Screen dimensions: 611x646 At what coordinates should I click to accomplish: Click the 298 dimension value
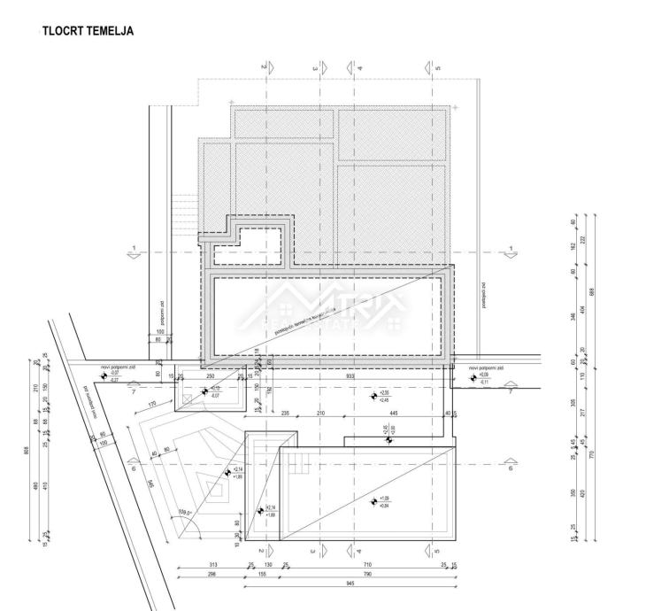tap(210, 575)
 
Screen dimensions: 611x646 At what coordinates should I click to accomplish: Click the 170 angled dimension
tap(152, 406)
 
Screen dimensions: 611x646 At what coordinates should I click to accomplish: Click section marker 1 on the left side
tap(134, 251)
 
